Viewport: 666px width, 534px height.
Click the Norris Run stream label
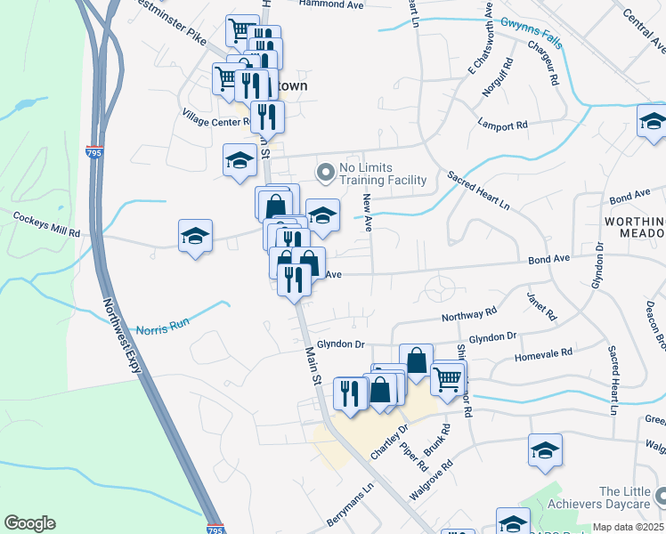162,325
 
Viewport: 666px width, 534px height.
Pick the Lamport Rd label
503,125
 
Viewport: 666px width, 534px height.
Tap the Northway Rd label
469,315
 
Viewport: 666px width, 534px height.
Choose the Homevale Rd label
543,354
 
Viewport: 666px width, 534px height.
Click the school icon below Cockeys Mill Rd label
195,237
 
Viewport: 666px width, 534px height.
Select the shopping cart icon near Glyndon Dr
448,379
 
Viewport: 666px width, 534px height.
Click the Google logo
29,523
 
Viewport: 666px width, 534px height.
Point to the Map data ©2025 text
628,527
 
